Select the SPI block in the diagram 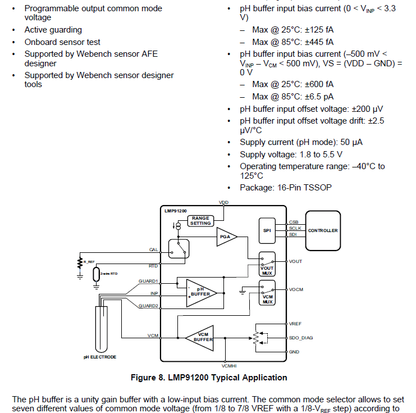click(x=267, y=230)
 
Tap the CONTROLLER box click(x=323, y=230)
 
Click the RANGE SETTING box click(x=200, y=221)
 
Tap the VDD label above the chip click(x=223, y=202)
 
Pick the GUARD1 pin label click(x=148, y=281)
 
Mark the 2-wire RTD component click(x=97, y=274)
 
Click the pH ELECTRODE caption click(x=100, y=357)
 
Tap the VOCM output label click(x=296, y=289)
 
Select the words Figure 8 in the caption click(x=149, y=378)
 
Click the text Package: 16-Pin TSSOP click(x=285, y=187)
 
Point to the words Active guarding click(x=53, y=30)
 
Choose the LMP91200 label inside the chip click(x=176, y=211)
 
